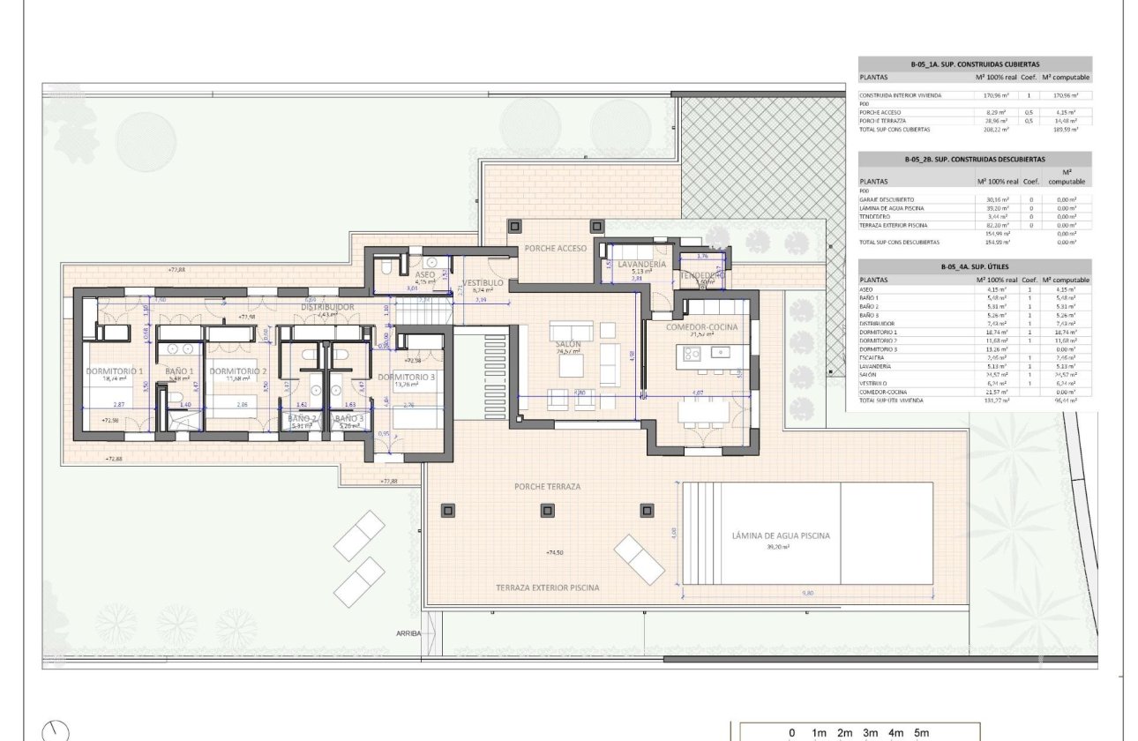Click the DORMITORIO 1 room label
(115, 372)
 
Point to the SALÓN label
(566, 342)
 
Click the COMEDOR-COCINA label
(702, 326)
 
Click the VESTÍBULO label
(483, 282)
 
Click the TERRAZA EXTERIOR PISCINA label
(547, 588)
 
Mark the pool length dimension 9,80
(807, 594)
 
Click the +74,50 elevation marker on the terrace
(556, 552)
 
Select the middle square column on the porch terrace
(550, 510)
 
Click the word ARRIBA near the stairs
(408, 633)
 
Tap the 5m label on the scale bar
(921, 733)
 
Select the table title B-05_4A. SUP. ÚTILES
(975, 266)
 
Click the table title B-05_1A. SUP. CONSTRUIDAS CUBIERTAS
(975, 64)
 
